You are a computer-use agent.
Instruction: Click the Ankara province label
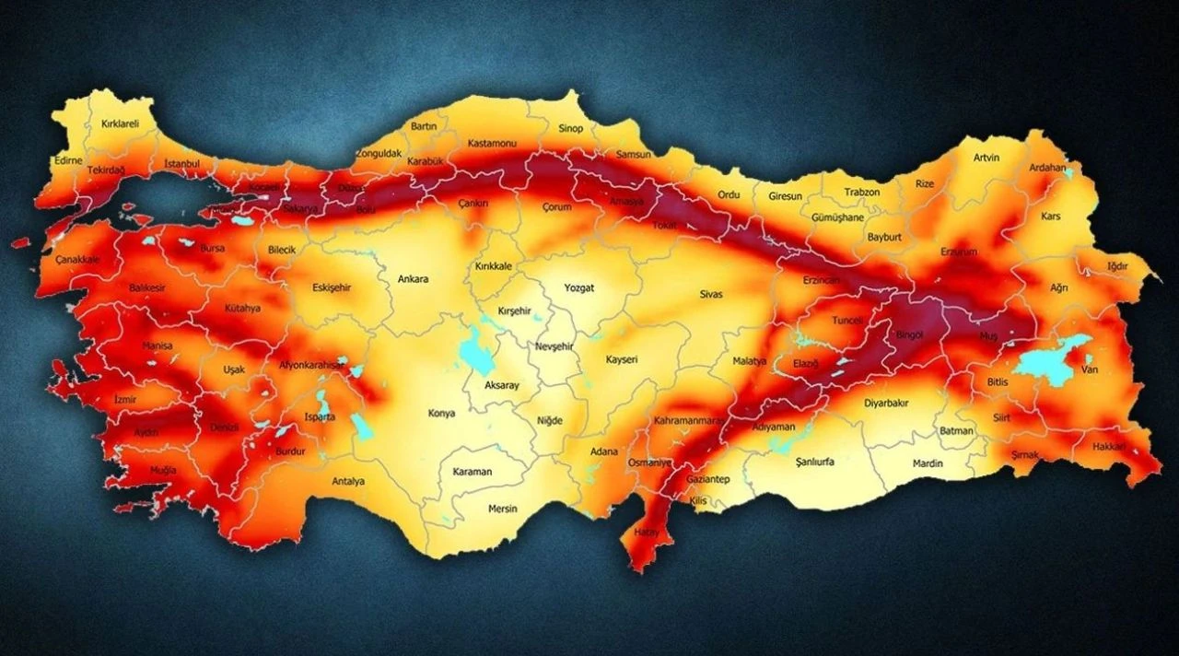click(413, 279)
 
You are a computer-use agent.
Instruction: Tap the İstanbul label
click(181, 164)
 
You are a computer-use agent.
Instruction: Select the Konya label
click(441, 414)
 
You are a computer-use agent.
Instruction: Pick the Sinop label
click(570, 129)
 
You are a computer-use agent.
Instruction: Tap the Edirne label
click(68, 160)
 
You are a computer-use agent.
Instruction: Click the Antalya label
click(348, 481)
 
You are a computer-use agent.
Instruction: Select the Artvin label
click(986, 158)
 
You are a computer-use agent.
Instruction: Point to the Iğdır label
click(1117, 266)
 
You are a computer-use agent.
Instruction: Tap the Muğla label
click(164, 471)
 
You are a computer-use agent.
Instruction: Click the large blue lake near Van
click(1050, 362)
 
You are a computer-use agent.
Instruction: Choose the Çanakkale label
click(77, 260)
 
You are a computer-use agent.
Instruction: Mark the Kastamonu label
click(492, 144)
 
